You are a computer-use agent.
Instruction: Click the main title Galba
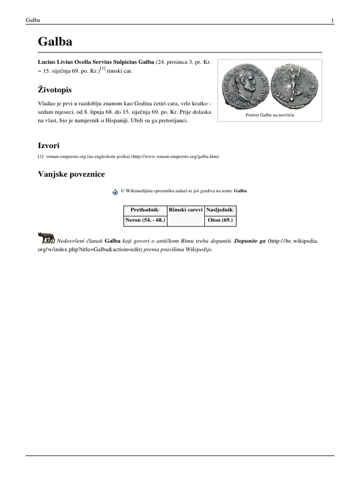[55, 43]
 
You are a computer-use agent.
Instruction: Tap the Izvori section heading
[48, 146]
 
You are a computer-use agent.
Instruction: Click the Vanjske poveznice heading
[71, 174]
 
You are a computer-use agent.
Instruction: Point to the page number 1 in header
[332, 20]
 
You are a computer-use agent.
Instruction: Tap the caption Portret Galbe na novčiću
[270, 114]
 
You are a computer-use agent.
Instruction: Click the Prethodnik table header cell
[145, 210]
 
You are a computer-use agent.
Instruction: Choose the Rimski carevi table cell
[186, 210]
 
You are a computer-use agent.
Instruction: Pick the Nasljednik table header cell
[220, 210]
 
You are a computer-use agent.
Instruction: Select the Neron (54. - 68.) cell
[145, 220]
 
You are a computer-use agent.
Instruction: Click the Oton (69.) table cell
[220, 220]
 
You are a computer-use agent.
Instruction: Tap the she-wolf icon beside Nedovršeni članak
[46, 238]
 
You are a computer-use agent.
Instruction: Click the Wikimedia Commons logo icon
[115, 192]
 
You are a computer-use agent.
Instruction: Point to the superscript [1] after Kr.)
[102, 68]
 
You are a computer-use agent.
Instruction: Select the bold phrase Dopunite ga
[250, 240]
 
